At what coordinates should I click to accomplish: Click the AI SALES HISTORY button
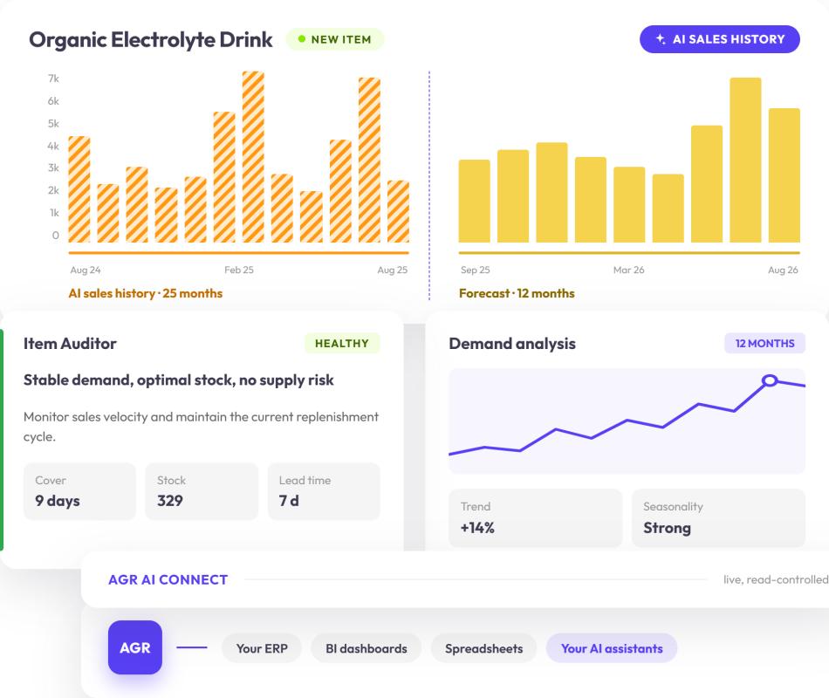719,39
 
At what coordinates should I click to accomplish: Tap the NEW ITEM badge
335,39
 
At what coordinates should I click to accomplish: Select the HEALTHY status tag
342,344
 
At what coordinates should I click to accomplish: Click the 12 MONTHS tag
764,344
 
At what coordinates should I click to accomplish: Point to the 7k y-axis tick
53,79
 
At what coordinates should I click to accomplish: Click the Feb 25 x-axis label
239,270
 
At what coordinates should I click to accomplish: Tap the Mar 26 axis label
628,270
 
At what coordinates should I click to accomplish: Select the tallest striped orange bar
253,157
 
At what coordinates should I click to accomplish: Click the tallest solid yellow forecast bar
745,161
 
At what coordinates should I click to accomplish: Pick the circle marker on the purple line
770,380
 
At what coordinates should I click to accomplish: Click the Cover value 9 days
58,501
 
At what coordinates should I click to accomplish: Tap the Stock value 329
169,501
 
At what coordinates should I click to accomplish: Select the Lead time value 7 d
289,501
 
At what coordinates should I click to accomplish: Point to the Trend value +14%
477,528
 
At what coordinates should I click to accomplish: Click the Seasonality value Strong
668,528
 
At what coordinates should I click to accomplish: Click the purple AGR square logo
134,647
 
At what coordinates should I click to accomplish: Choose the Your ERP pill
262,648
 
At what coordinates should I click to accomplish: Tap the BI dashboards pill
367,648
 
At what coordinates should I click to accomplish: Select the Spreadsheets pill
483,648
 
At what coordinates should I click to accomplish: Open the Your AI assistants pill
612,648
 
